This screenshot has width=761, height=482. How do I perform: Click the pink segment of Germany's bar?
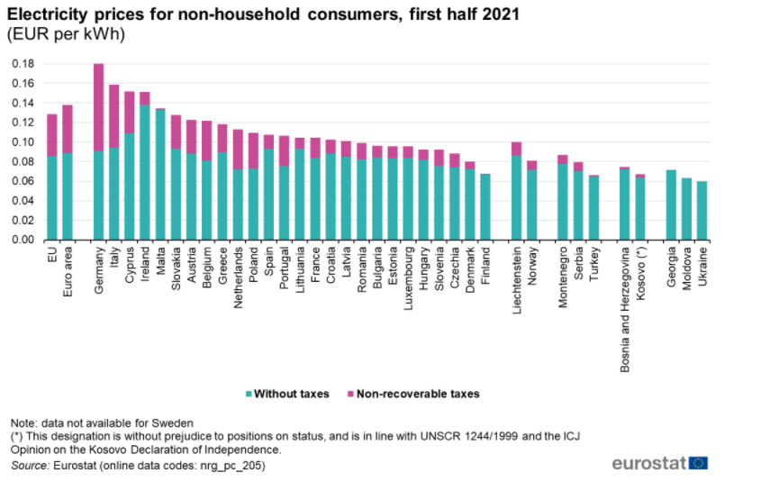pos(99,107)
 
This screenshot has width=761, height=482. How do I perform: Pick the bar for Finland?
pos(486,207)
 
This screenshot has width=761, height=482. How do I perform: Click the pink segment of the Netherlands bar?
pos(238,150)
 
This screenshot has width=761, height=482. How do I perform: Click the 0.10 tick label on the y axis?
pos(23,142)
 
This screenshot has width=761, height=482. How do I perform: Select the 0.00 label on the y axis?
pos(23,241)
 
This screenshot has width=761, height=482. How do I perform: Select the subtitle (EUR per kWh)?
pos(66,35)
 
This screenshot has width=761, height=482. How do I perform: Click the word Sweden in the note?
pos(174,423)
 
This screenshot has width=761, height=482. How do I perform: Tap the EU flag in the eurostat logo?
pos(698,463)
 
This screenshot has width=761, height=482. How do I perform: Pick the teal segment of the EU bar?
pos(52,198)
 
